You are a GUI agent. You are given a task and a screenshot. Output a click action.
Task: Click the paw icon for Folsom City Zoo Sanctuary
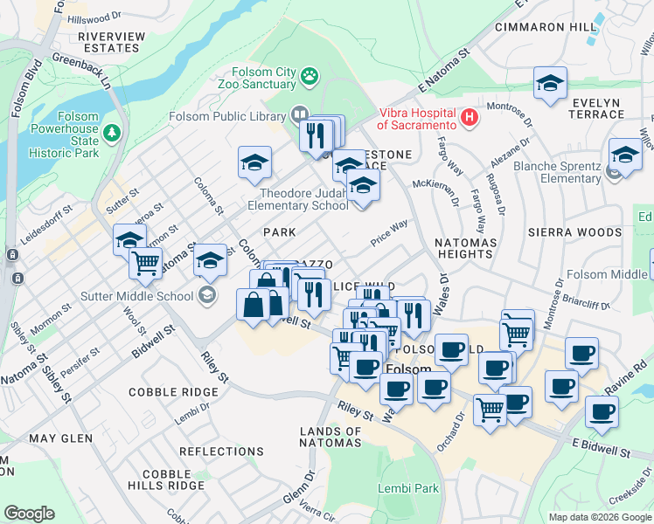[x=310, y=77]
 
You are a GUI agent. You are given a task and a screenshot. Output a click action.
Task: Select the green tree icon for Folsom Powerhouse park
[x=111, y=132]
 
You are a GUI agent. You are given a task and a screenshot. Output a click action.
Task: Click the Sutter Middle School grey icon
[x=206, y=294]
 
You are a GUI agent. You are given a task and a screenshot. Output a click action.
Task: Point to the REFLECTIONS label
[x=221, y=452]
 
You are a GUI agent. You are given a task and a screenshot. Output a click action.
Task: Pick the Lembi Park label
[x=408, y=488]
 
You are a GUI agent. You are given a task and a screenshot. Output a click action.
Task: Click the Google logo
[x=29, y=514]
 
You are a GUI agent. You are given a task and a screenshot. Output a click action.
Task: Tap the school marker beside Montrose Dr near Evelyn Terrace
[x=551, y=84]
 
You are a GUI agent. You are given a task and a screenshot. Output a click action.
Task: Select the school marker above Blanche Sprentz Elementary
[x=625, y=155]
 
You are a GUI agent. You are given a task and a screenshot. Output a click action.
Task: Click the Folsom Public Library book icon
[x=300, y=114]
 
